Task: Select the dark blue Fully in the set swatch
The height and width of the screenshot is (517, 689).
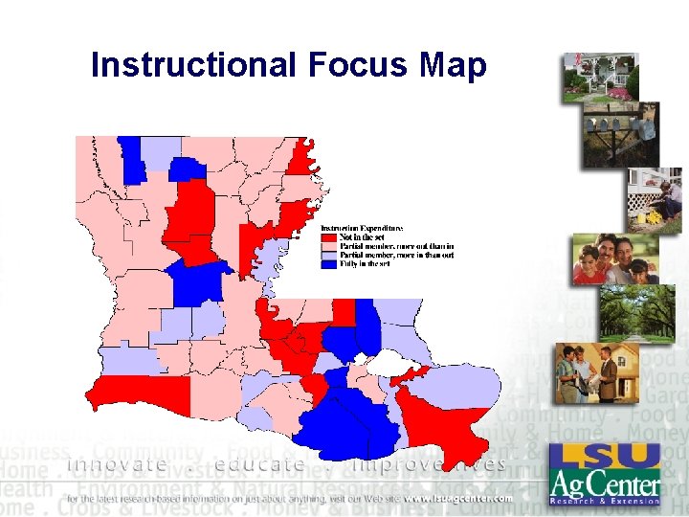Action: [x=326, y=263]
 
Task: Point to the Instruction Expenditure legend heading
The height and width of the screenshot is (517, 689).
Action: [x=361, y=228]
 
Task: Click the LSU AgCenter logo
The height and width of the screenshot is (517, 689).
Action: [x=604, y=475]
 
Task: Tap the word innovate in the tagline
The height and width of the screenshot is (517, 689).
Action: [x=117, y=465]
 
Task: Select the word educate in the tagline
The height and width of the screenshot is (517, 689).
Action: [x=261, y=465]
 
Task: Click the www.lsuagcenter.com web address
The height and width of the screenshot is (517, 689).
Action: [x=451, y=499]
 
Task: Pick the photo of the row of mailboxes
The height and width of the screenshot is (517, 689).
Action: [x=621, y=134]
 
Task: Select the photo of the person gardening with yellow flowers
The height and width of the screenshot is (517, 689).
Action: [x=655, y=201]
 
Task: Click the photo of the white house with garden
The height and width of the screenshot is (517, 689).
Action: [x=600, y=78]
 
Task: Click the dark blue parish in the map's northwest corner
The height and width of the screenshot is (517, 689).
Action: [x=128, y=158]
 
